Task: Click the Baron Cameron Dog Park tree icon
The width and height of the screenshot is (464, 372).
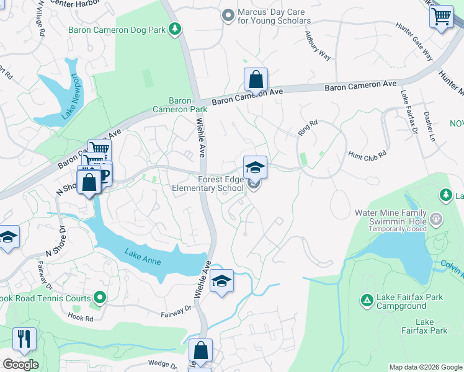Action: click(176, 28)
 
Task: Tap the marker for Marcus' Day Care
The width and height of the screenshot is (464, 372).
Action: click(228, 14)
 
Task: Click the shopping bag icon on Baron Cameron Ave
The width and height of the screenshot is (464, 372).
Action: click(256, 79)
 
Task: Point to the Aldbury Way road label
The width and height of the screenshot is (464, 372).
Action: click(318, 45)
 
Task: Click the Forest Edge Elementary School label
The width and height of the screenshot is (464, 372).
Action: click(212, 184)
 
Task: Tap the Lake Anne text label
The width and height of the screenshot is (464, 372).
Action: click(143, 257)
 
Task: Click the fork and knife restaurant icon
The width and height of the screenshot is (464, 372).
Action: click(24, 339)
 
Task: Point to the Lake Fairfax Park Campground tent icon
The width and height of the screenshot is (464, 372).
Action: click(367, 301)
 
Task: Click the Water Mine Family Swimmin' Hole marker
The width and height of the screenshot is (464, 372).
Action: click(437, 218)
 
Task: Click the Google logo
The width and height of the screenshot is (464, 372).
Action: click(20, 365)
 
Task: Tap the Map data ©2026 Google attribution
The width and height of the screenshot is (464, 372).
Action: click(425, 367)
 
